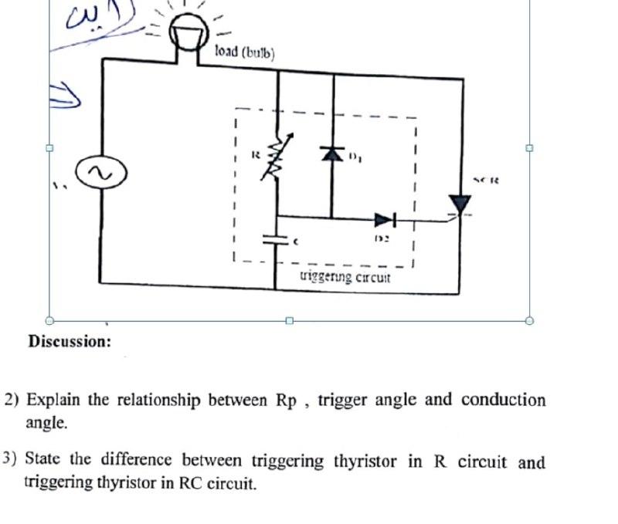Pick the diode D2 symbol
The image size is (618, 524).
[x=384, y=220]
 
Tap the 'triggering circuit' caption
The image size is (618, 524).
[x=345, y=277]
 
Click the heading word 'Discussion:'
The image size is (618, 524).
[x=70, y=340]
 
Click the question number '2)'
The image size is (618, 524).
[x=13, y=401]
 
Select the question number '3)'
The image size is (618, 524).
[x=10, y=460]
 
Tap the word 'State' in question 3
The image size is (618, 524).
[x=44, y=460]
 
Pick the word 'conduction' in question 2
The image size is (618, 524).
[x=503, y=400]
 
